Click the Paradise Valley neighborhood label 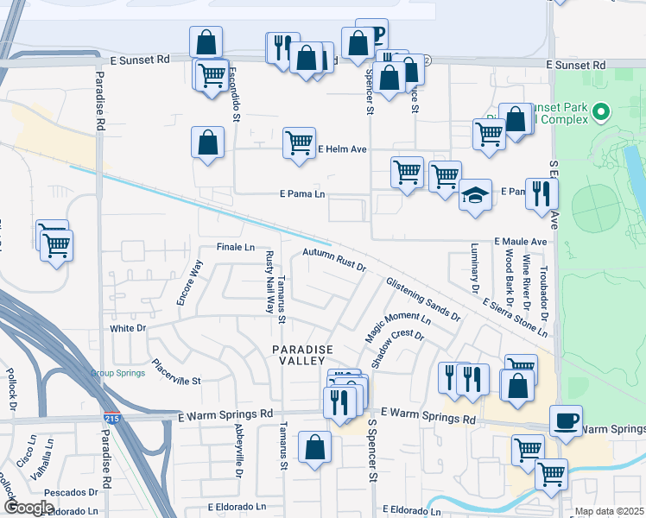[x=302, y=355]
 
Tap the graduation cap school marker [x=474, y=195]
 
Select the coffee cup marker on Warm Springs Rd [x=565, y=421]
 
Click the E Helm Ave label [x=343, y=149]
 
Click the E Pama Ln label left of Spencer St [x=302, y=195]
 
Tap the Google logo [x=28, y=508]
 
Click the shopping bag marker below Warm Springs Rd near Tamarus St [x=314, y=447]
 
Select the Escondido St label [x=234, y=95]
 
